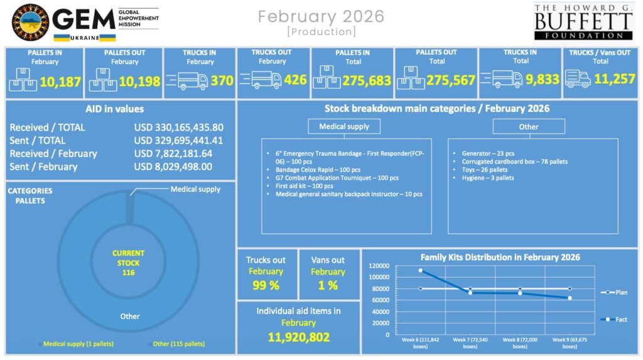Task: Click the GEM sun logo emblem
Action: point(30,22)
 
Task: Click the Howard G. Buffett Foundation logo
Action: point(582,22)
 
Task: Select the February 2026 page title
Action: point(321,16)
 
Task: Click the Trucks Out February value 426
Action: point(295,80)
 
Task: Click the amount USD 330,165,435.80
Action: point(178,128)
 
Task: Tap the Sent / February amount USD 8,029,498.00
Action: point(173,167)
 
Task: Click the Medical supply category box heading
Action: point(344,126)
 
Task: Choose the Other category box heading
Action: point(528,126)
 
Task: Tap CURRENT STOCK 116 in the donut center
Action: point(128,263)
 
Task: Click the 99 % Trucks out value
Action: point(266,285)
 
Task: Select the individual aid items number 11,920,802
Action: point(298,337)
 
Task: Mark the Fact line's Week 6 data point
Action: point(420,270)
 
